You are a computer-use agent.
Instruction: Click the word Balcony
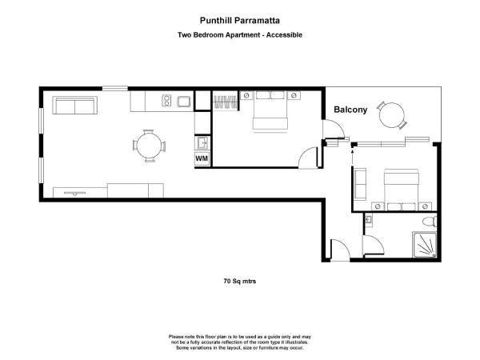[350, 111]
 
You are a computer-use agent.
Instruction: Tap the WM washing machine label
[202, 158]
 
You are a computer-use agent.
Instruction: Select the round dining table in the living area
[150, 146]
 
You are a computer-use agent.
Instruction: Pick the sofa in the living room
[74, 105]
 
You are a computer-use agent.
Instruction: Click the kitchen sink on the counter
[184, 101]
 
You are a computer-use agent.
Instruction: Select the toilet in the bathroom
[427, 222]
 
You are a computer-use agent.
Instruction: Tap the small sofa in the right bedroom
[360, 185]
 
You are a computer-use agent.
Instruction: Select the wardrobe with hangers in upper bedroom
[222, 102]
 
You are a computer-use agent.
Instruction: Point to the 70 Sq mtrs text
[239, 282]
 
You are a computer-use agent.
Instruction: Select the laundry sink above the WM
[202, 142]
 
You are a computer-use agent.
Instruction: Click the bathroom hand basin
[369, 220]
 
